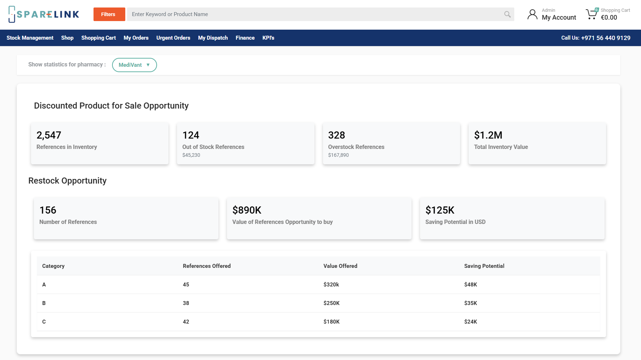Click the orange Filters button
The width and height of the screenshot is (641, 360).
109,14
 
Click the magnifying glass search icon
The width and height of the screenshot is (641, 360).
507,14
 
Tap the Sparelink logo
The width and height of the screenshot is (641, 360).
44,14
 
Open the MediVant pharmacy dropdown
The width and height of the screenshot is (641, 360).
134,65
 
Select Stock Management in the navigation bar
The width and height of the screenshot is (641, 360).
30,38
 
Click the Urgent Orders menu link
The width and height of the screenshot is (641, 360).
173,38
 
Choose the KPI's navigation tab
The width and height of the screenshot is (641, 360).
268,38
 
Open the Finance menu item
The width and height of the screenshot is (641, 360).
245,38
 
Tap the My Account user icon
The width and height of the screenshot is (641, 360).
532,14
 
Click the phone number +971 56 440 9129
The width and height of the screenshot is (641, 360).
605,38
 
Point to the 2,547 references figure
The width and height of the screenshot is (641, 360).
49,135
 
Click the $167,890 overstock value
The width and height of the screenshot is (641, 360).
338,155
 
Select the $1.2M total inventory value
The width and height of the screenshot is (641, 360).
488,135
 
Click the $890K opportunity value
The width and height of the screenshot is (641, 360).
247,210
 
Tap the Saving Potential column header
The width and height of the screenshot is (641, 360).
484,266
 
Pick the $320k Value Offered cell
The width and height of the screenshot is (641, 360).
331,285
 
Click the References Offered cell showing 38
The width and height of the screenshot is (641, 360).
186,303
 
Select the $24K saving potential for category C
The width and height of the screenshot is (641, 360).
470,322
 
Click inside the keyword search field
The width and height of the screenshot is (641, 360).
314,14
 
